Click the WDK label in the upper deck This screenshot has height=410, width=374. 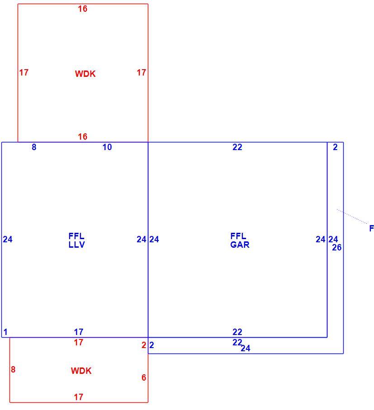(x=85, y=74)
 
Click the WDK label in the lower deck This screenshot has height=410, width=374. (x=81, y=371)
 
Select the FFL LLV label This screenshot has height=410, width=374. (x=76, y=240)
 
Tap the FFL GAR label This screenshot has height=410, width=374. (x=240, y=240)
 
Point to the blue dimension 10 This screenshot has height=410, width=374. (x=107, y=147)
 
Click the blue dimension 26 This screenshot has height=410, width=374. (x=337, y=247)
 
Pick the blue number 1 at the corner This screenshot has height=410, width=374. (x=5, y=332)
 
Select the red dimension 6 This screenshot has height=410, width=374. (x=144, y=377)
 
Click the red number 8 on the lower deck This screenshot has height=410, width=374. (x=13, y=369)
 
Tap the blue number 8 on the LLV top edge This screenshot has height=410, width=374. (x=34, y=147)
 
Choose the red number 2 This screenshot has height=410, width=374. (x=144, y=345)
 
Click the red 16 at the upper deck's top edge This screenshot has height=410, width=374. (x=83, y=9)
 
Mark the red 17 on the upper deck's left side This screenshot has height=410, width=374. (x=24, y=72)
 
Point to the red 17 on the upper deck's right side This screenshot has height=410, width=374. (x=142, y=72)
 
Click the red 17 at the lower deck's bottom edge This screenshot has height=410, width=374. (x=78, y=397)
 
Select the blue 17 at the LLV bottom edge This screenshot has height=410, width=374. (x=78, y=332)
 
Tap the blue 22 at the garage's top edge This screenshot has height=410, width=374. (x=237, y=147)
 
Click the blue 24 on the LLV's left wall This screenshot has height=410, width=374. (x=8, y=239)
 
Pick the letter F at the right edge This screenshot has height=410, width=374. (x=372, y=228)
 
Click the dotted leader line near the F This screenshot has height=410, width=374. (x=352, y=217)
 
